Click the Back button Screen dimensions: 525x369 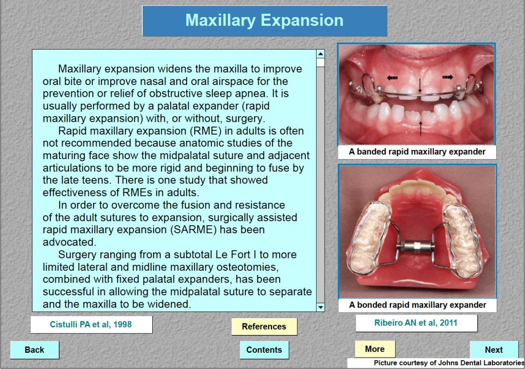[x=35, y=350]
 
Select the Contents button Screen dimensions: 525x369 [x=264, y=350]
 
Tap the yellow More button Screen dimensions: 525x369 [x=375, y=349]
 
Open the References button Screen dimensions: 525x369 [x=264, y=326]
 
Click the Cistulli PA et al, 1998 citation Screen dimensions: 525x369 [x=91, y=324]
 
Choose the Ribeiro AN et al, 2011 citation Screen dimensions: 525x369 [x=416, y=323]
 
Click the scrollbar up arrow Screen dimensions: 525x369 [x=320, y=54]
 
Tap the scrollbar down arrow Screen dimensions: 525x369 [x=320, y=307]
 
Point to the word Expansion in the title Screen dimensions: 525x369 [x=302, y=20]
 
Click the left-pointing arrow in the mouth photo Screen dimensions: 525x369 [x=392, y=78]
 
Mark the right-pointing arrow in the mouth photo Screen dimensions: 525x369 [x=448, y=77]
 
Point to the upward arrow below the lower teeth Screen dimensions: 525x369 [x=421, y=128]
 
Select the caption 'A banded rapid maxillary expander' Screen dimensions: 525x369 [x=417, y=152]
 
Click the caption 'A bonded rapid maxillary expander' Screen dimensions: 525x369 [x=417, y=305]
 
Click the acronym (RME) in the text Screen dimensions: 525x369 [x=206, y=131]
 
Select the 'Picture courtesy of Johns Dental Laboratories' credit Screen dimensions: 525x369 [x=449, y=363]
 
